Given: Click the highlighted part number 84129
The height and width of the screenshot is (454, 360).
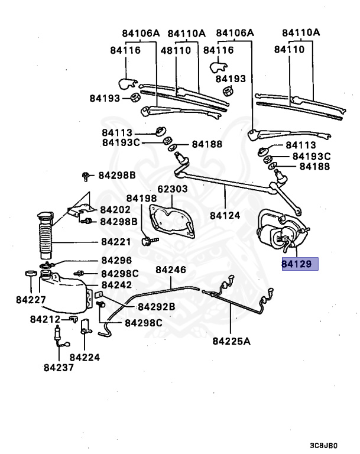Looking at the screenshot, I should click(300, 264).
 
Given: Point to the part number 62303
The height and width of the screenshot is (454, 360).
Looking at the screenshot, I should click(172, 189).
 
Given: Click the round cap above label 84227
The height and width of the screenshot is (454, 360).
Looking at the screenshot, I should click(28, 274).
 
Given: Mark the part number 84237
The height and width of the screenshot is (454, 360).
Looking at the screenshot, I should click(59, 367).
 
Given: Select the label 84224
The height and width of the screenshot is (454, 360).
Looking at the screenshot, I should click(85, 357).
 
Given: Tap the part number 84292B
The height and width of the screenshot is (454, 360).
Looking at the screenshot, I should click(156, 307).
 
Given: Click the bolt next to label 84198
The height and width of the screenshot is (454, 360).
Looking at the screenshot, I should click(148, 241).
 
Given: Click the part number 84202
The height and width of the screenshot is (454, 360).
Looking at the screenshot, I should click(115, 209).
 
